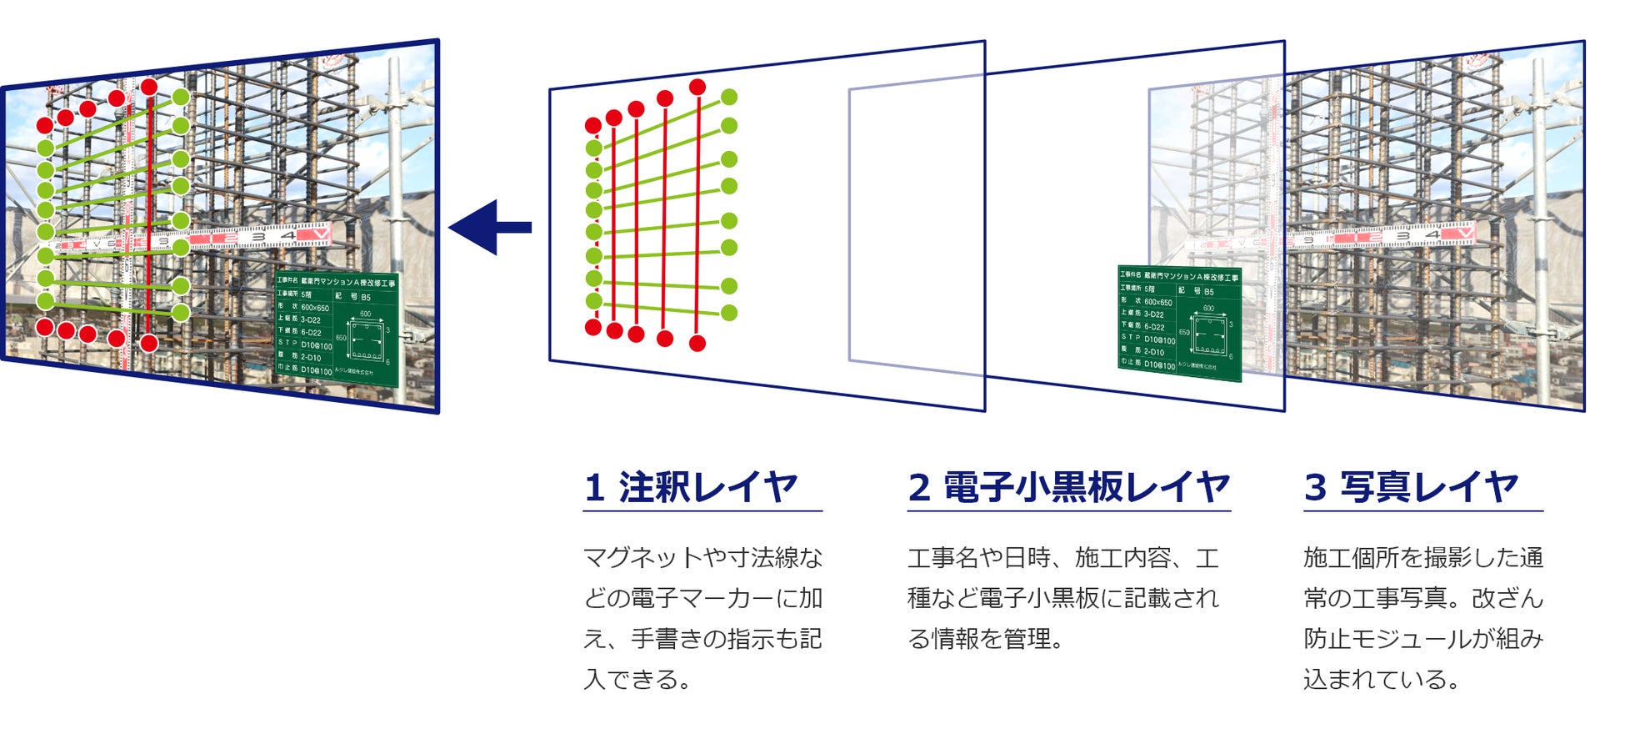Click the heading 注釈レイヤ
[707, 487]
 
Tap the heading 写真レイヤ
[1428, 487]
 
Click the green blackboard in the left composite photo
[337, 328]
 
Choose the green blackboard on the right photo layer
[1179, 322]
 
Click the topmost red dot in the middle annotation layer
[697, 87]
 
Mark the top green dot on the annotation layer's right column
[729, 97]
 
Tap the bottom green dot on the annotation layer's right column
[729, 313]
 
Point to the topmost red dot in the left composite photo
[149, 87]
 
